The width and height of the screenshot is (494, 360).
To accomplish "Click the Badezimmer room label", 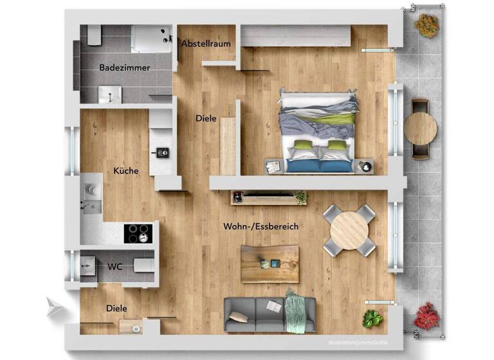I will click(125, 67).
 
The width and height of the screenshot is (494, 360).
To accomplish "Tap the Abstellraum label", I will click(206, 44).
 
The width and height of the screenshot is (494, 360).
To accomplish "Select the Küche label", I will click(126, 171).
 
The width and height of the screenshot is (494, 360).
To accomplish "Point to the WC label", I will click(116, 266).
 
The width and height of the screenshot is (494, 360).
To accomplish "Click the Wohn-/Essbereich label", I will click(261, 227).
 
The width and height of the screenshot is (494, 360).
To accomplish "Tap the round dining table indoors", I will click(349, 230).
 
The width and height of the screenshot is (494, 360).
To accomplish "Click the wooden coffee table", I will click(270, 264).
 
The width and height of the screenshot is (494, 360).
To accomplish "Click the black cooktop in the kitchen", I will click(138, 233).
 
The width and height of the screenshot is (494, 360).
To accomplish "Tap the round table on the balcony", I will click(421, 129).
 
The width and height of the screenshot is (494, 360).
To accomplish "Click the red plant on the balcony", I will click(426, 316).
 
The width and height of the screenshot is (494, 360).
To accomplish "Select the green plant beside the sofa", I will click(372, 318).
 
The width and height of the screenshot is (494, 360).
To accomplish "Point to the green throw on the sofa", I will click(296, 312).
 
